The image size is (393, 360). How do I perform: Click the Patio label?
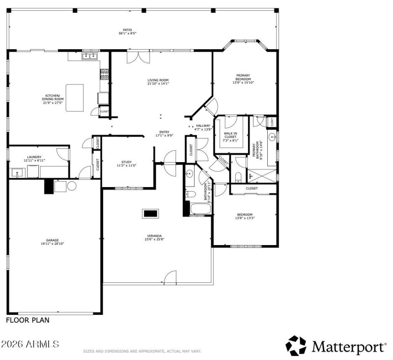coord(127,31)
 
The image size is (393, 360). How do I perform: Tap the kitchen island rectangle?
coord(75,97)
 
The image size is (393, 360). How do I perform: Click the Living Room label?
coord(158,82)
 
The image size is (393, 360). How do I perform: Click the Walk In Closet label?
coord(231,137)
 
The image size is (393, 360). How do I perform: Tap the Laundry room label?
coord(34,159)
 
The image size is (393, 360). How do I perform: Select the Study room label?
coord(126,164)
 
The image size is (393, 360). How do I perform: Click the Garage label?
coord(53,242)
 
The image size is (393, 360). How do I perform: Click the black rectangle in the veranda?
coord(150,213)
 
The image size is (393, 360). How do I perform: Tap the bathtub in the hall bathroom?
coord(200,209)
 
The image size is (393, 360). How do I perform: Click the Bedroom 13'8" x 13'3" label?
coord(245,216)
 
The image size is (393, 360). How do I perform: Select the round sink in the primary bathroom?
coord(271,137)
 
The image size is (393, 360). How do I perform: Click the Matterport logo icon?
coord(296,346)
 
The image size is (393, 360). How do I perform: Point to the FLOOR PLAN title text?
coord(28,320)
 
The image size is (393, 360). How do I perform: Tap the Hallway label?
coord(203,128)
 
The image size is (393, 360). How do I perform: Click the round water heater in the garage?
coord(72,186)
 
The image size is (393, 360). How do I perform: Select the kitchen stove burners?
coord(105,74)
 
